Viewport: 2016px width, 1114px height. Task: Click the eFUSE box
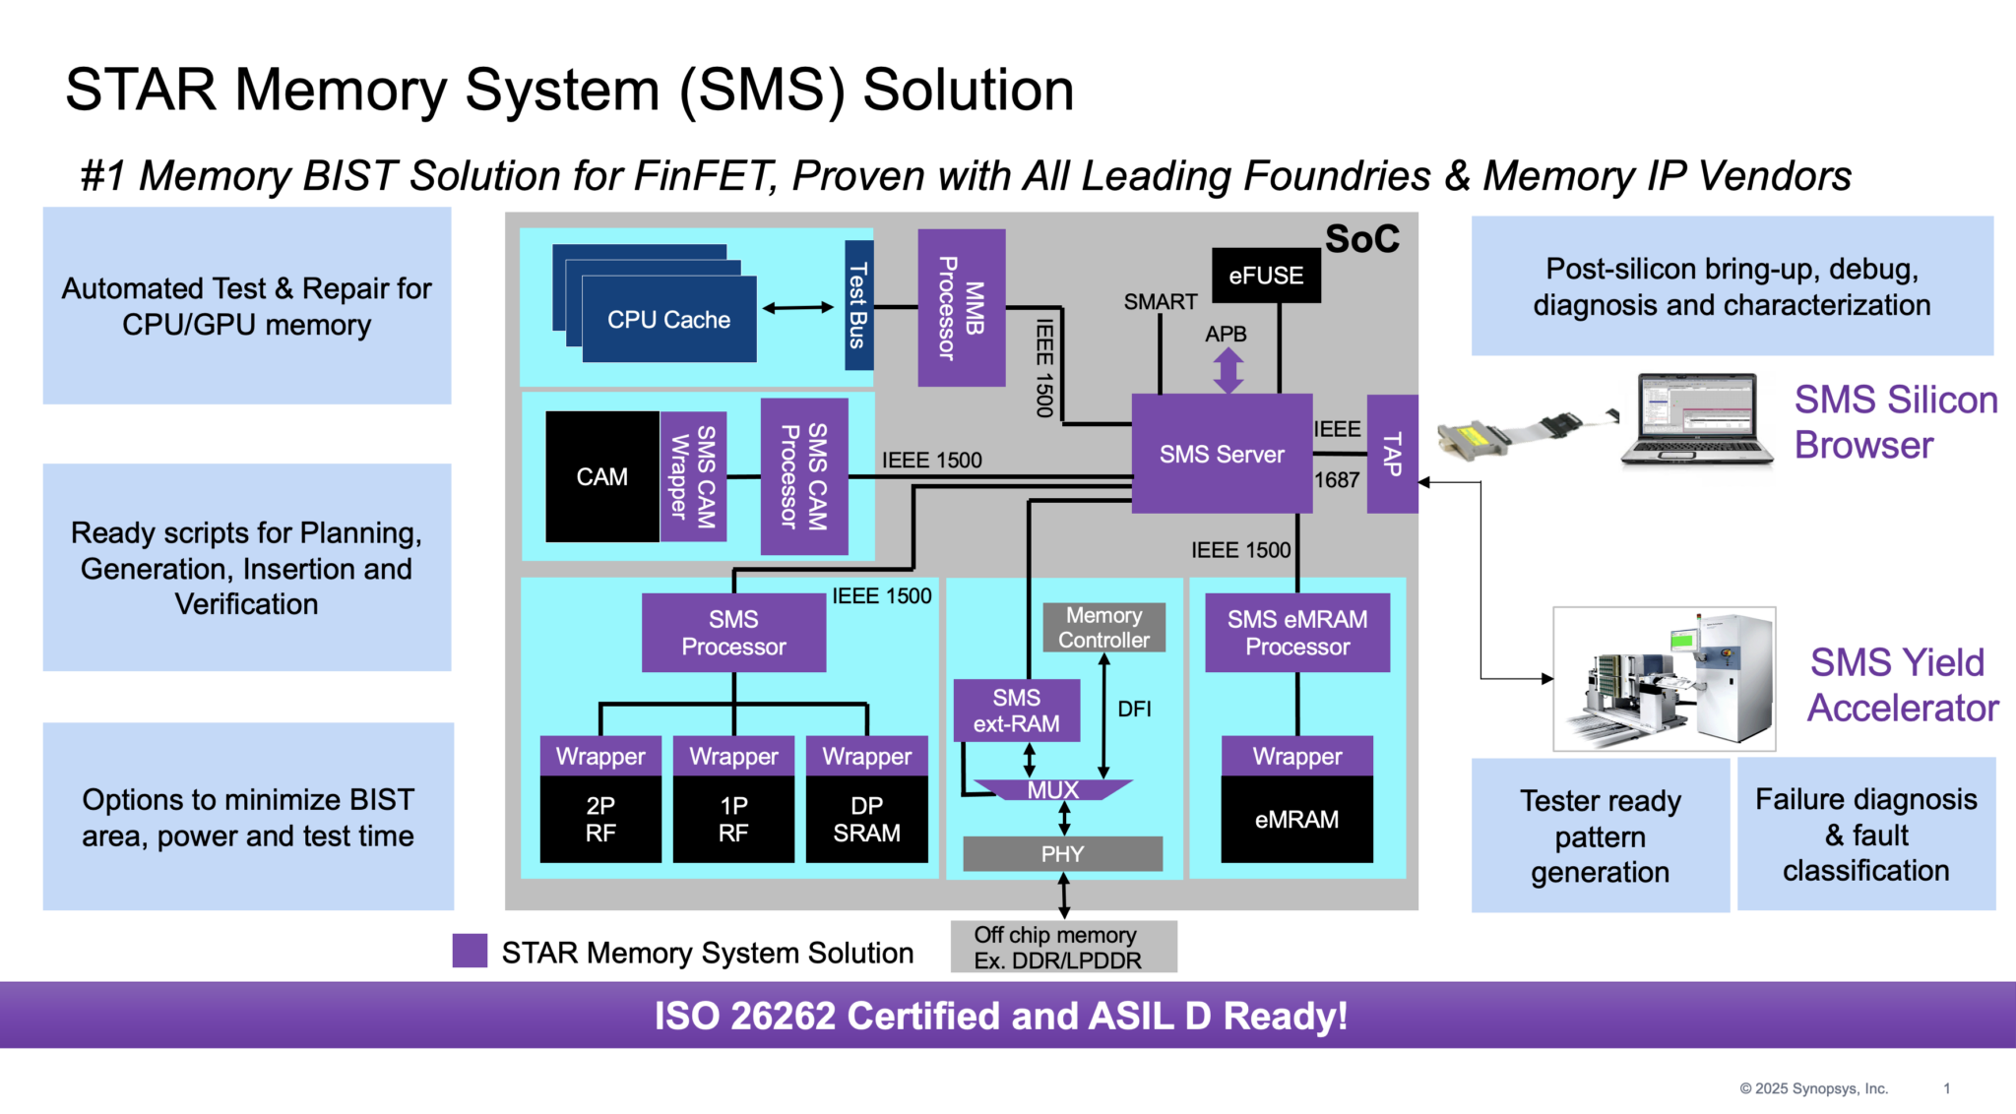pos(1266,276)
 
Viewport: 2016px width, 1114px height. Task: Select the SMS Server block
pos(1222,454)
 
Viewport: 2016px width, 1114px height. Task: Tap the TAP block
pos(1392,454)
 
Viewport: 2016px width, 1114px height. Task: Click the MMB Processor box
pos(961,308)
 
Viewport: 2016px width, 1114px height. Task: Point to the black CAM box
pos(601,476)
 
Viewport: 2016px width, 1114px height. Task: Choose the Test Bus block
pos(858,305)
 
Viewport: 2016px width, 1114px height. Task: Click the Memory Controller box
pos(1103,628)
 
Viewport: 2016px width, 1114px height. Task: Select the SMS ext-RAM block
pos(1016,711)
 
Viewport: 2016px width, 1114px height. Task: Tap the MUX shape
pos(1052,790)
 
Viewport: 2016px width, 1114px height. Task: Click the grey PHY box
pos(1062,854)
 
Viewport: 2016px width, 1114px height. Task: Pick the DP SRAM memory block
pos(866,819)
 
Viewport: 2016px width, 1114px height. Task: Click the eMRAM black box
pos(1296,819)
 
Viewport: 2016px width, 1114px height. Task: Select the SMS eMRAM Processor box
pos(1296,633)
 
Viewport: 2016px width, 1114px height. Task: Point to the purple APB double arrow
pos(1228,371)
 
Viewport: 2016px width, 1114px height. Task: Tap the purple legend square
pos(470,951)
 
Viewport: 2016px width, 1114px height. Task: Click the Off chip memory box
pos(1063,947)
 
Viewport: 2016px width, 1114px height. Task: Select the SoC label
pos(1361,239)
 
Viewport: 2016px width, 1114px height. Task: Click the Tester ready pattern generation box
pos(1600,835)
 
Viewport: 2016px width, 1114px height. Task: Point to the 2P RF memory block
pos(600,819)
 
